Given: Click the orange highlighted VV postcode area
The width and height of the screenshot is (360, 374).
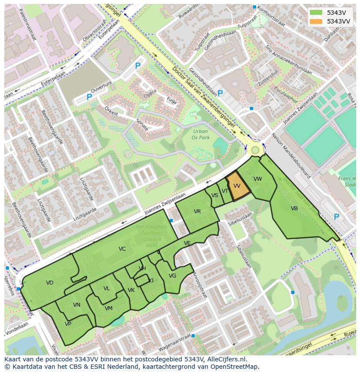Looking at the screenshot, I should tap(238, 186).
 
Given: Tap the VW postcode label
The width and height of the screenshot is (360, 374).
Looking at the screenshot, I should tap(258, 179).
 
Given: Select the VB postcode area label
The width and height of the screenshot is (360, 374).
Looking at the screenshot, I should tap(294, 209).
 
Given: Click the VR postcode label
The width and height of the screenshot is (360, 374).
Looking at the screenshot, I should tap(197, 212).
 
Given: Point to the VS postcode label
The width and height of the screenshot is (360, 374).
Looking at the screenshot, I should tap(215, 195).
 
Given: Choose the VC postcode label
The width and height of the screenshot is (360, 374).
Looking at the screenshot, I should tap(122, 249).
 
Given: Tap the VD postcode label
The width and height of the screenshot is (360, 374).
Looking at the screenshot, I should tap(50, 283).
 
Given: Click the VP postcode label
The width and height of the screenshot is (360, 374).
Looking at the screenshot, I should tap(68, 324).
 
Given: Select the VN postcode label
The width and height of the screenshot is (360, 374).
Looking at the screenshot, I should tap(77, 305).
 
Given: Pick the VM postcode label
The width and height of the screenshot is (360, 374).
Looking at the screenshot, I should tap(109, 308).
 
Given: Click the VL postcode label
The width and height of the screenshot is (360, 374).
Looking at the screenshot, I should tap(107, 288).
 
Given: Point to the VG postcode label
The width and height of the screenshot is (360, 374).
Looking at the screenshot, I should tap(172, 276).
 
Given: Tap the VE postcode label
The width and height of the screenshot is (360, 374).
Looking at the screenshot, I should tap(187, 243).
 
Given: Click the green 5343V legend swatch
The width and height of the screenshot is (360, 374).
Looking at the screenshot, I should tap(316, 13).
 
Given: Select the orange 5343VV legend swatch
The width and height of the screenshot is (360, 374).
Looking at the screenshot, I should tap(316, 21).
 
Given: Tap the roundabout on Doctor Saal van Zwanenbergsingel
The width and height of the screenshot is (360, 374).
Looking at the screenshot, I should tap(255, 150).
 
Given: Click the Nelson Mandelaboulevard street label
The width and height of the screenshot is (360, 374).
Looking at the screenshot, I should tap(291, 157).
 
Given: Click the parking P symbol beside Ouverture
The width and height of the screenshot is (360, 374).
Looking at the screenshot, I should tap(89, 97).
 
